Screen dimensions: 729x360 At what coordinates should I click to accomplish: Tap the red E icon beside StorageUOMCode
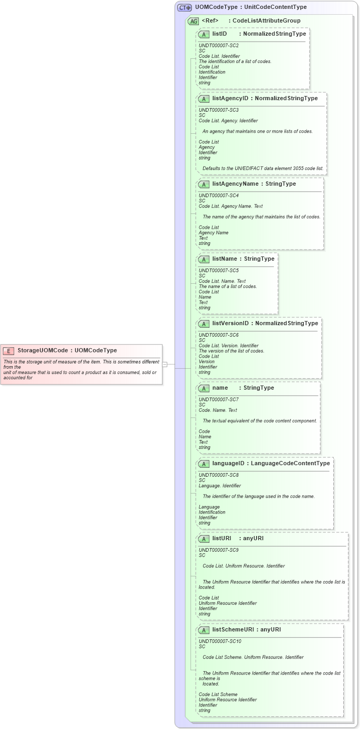coord(9,351)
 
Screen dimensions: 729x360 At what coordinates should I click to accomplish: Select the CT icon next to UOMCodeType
coord(184,7)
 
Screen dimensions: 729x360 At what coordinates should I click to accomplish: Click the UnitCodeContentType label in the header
coord(276,7)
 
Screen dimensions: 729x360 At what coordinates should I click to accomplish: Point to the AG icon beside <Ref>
coord(194,21)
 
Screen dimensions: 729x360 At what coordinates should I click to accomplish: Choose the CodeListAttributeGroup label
coord(267,21)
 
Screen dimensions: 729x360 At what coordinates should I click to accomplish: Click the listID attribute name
coord(219,34)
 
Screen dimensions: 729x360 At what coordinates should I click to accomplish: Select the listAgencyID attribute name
coord(230,98)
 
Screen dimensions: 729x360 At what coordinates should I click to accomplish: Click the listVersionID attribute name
coord(230,323)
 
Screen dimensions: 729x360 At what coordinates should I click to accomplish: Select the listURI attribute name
coord(221,539)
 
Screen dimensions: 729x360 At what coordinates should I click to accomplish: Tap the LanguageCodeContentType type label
coord(290,464)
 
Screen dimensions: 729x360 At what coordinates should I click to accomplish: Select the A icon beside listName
coord(204,259)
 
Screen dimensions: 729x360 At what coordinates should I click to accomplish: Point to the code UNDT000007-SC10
coord(220,641)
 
